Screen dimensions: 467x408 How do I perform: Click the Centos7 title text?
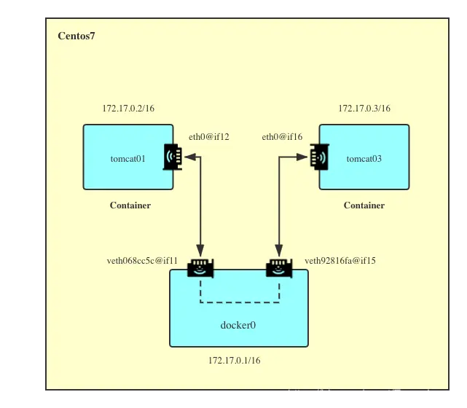pyautogui.click(x=76, y=36)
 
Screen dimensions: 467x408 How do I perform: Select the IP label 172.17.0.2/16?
pyautogui.click(x=128, y=108)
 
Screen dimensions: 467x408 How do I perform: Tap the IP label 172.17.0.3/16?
pyautogui.click(x=364, y=108)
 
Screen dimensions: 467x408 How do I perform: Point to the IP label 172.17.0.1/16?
pyautogui.click(x=235, y=361)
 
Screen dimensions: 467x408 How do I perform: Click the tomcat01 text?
pyautogui.click(x=128, y=159)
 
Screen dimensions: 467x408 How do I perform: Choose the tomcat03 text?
pyautogui.click(x=364, y=159)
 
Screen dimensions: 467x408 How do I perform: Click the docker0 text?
pyautogui.click(x=238, y=325)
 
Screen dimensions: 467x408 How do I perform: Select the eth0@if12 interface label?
pyautogui.click(x=209, y=137)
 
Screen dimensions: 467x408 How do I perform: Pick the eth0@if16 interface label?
pyautogui.click(x=282, y=137)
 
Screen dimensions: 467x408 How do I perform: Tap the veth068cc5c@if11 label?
pyautogui.click(x=142, y=261)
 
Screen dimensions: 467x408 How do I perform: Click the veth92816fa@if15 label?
pyautogui.click(x=340, y=261)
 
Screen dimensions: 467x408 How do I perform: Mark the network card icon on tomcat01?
pyautogui.click(x=173, y=157)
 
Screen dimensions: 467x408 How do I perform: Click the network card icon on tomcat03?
pyautogui.click(x=319, y=157)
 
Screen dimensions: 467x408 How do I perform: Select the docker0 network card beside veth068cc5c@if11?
pyautogui.click(x=200, y=268)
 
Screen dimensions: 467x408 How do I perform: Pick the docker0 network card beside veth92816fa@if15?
pyautogui.click(x=279, y=268)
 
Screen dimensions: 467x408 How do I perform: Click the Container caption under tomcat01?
pyautogui.click(x=130, y=205)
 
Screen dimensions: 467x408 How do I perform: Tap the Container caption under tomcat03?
pyautogui.click(x=364, y=205)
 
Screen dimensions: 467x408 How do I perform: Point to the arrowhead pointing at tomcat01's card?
pyautogui.click(x=190, y=157)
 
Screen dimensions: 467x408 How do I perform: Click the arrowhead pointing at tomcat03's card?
pyautogui.click(x=302, y=157)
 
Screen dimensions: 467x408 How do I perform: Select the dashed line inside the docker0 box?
pyautogui.click(x=240, y=302)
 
